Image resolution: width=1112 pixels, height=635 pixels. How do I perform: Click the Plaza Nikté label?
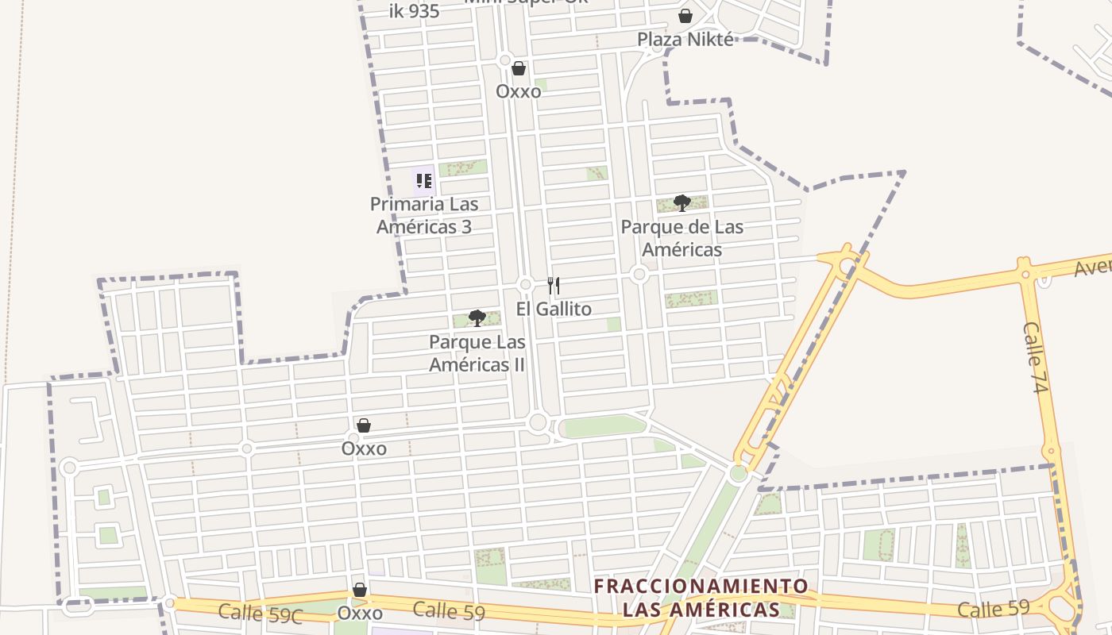click(685, 39)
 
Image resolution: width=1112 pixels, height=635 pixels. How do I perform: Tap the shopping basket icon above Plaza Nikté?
click(685, 16)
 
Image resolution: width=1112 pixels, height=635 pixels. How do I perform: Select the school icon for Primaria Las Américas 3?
click(423, 181)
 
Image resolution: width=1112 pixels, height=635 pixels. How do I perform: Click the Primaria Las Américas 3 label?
click(424, 215)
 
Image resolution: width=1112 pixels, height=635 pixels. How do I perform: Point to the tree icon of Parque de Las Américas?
click(681, 203)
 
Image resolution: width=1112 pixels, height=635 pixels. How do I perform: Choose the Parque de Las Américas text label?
click(682, 238)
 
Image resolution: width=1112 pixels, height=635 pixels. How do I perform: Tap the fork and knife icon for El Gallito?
click(554, 286)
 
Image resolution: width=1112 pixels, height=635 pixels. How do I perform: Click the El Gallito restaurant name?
click(554, 309)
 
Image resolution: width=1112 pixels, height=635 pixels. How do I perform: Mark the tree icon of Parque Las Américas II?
click(477, 318)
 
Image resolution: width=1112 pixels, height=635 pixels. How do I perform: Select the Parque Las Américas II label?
click(477, 353)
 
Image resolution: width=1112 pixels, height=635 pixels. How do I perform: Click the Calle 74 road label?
click(1037, 357)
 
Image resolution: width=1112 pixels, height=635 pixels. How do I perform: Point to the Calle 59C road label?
click(261, 613)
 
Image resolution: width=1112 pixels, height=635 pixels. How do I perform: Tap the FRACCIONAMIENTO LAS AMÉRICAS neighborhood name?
click(701, 598)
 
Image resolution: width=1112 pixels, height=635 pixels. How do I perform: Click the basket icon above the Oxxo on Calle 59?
click(360, 590)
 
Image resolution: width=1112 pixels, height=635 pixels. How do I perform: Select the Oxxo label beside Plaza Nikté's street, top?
click(519, 91)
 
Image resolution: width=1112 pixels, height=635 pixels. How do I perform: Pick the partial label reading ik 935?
click(415, 11)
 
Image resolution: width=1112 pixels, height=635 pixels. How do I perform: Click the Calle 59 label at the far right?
click(993, 609)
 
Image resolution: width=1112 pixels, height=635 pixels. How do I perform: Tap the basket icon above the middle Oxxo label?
click(364, 425)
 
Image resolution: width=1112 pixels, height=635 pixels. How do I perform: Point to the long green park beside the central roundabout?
click(604, 426)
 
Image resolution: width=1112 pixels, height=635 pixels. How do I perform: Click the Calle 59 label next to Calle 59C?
click(449, 610)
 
